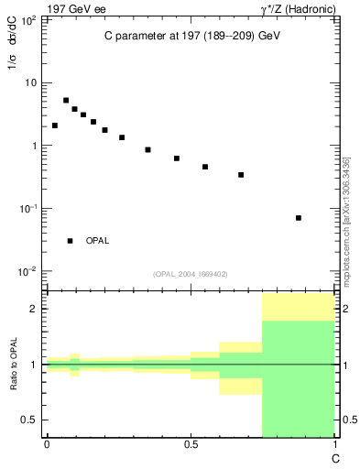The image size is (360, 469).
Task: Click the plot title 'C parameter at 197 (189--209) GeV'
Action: [191, 36]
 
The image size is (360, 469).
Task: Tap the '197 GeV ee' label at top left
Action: [77, 8]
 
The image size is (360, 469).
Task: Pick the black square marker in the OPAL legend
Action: [70, 241]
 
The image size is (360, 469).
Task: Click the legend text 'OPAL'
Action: [98, 241]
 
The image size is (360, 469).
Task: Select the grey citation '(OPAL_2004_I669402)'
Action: [191, 273]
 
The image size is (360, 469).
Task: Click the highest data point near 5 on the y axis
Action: [66, 100]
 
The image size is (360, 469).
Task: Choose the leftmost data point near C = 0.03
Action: [55, 125]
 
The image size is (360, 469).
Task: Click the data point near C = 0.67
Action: [241, 175]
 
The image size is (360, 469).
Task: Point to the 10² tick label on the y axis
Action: [29, 20]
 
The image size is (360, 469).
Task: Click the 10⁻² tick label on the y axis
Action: [29, 271]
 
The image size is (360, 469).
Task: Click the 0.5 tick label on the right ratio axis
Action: [344, 420]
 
